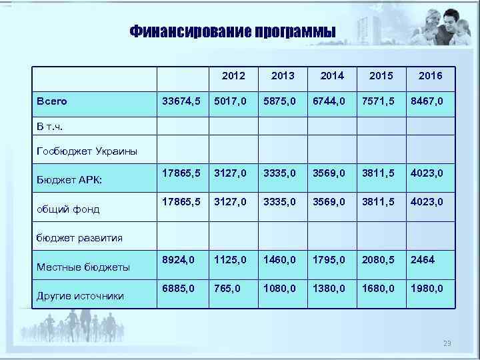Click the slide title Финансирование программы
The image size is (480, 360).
point(232,33)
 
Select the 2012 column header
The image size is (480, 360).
point(233,76)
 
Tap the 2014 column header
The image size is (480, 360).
point(332,76)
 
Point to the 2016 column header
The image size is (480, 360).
point(430,76)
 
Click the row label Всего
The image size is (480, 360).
point(52,101)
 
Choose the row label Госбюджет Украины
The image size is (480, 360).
point(87,151)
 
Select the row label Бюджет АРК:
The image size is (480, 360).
point(69,179)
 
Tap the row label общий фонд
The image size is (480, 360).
point(68,209)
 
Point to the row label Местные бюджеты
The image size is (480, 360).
point(82,267)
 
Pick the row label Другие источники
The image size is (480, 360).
point(80,296)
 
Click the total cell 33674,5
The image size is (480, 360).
point(181,101)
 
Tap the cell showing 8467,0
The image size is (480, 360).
point(427,101)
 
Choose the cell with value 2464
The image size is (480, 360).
point(423,260)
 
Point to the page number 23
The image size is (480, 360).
point(447,343)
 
